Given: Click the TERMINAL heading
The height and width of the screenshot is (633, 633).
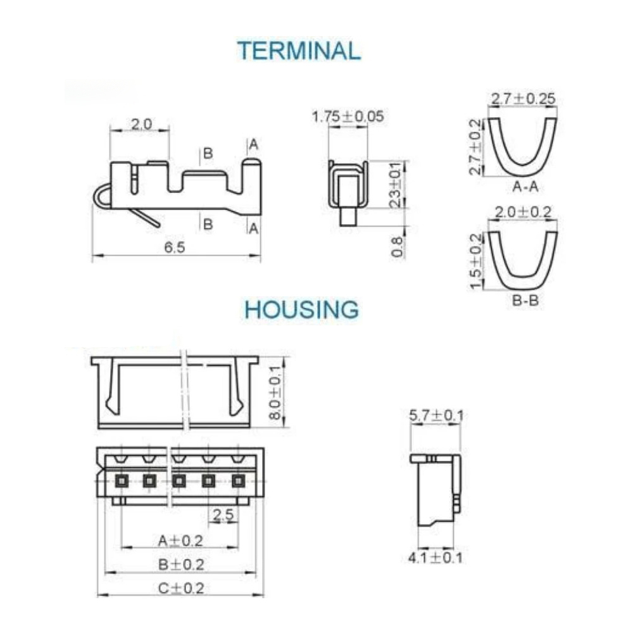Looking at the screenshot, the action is (299, 51).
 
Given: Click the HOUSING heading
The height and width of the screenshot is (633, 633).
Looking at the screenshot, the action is (301, 310).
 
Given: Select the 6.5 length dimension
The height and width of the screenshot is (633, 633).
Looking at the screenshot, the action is (175, 247).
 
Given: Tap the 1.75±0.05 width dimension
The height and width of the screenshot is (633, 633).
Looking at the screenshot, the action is (348, 116).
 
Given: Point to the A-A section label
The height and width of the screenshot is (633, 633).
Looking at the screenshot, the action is (525, 187).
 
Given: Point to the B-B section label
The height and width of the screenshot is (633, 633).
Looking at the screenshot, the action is (525, 300).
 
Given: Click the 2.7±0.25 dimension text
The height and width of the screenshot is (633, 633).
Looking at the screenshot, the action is (523, 99).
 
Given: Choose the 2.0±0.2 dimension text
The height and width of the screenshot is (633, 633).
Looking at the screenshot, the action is (523, 212).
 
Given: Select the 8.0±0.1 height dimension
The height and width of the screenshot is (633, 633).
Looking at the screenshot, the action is (275, 392).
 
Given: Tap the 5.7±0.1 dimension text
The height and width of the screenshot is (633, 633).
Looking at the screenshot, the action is (436, 415).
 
